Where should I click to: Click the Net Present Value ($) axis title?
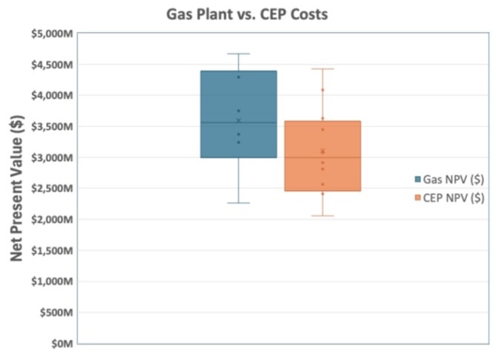16,189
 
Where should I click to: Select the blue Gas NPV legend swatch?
417,180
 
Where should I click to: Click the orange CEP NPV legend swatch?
417,197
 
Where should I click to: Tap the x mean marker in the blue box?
238,120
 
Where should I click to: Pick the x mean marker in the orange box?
322,151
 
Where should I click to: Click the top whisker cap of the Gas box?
238,54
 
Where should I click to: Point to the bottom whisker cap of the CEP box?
322,216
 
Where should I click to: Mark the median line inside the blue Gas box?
238,122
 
